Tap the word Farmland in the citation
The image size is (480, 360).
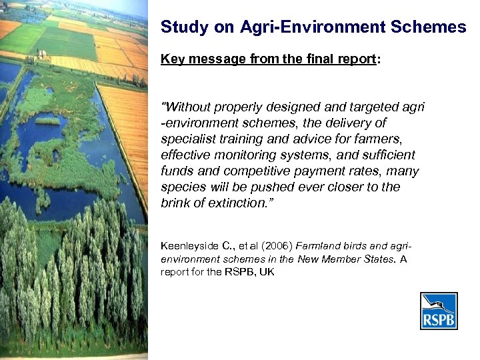(x=317, y=246)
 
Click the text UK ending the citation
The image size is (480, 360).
(x=267, y=272)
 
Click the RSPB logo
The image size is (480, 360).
(x=438, y=311)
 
